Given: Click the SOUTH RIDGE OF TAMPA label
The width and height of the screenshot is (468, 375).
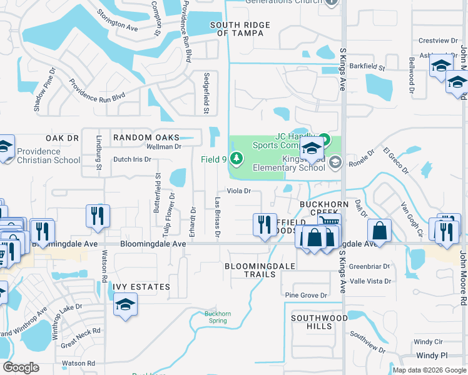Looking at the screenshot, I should tap(240, 29).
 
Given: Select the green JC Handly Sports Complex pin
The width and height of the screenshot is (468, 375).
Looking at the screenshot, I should tap(324, 139).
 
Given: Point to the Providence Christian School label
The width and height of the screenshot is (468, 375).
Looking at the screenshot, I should tap(48, 156).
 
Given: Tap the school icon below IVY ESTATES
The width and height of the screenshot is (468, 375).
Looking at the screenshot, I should tap(125, 305).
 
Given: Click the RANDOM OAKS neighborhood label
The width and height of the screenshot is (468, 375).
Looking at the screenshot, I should tap(145, 137).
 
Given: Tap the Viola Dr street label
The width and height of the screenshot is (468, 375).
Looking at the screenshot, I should tap(238, 191).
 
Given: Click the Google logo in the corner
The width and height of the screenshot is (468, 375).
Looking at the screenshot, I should tap(21, 367).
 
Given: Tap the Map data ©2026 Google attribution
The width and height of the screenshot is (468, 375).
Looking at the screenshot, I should tap(429, 370).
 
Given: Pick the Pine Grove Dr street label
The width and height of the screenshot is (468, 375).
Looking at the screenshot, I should tap(306, 295).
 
